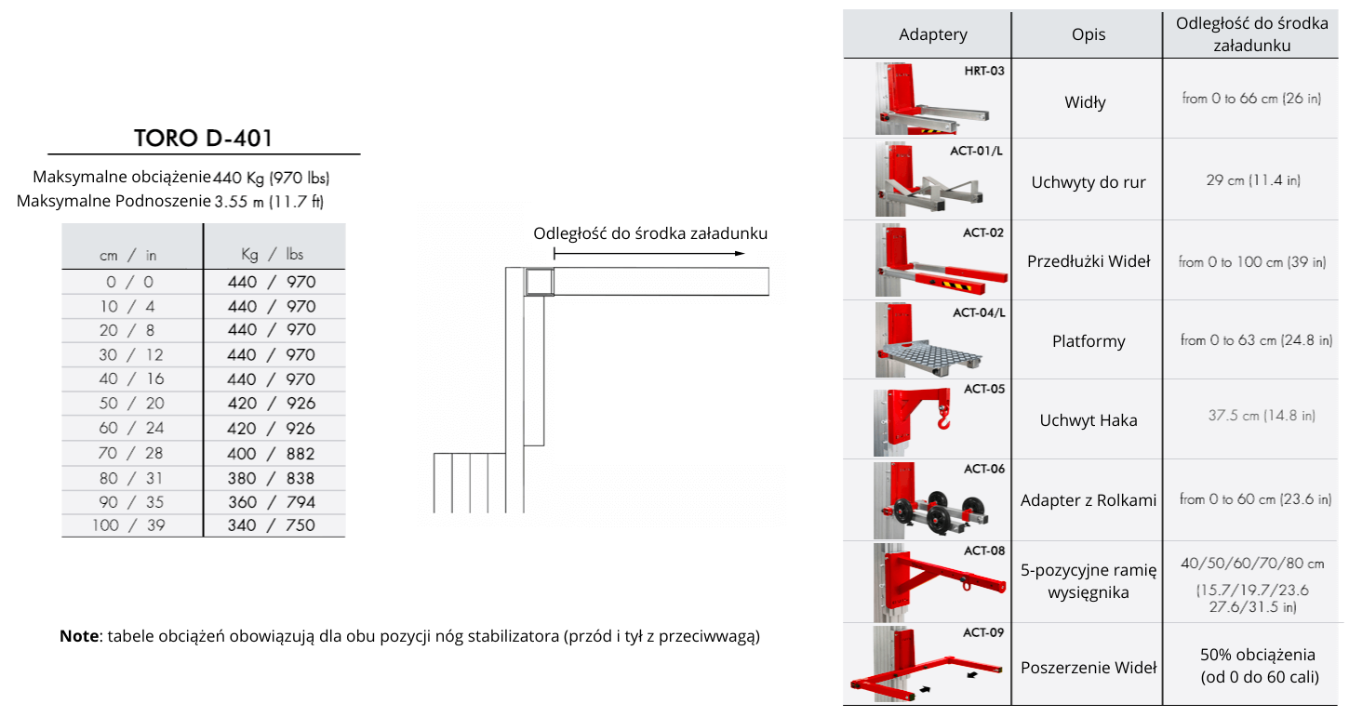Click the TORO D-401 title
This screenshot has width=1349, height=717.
[203, 138]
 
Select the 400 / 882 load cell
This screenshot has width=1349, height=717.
[271, 453]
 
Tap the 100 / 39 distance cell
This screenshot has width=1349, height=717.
[128, 524]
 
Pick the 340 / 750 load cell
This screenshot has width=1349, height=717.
[271, 524]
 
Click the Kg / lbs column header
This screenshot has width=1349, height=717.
[273, 254]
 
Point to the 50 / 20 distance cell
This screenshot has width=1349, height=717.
[131, 404]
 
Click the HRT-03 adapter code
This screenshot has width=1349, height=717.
[984, 71]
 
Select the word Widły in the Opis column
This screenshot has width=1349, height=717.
[1085, 102]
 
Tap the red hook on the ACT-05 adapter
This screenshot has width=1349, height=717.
[943, 417]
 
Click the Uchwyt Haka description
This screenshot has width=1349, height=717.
[1089, 420]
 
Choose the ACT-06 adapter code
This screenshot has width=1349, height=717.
[984, 469]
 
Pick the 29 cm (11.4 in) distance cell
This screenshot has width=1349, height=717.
[1253, 180]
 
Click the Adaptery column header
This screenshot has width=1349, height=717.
[933, 34]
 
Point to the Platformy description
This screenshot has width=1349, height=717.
[1089, 341]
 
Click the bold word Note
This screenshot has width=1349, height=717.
[79, 636]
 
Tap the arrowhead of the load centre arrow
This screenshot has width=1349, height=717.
[741, 254]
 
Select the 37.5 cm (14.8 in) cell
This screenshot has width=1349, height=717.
[1262, 416]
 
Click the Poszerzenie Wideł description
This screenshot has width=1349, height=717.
[1089, 668]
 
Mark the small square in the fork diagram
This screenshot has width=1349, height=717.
[539, 282]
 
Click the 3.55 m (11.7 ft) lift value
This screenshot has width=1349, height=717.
[269, 201]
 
